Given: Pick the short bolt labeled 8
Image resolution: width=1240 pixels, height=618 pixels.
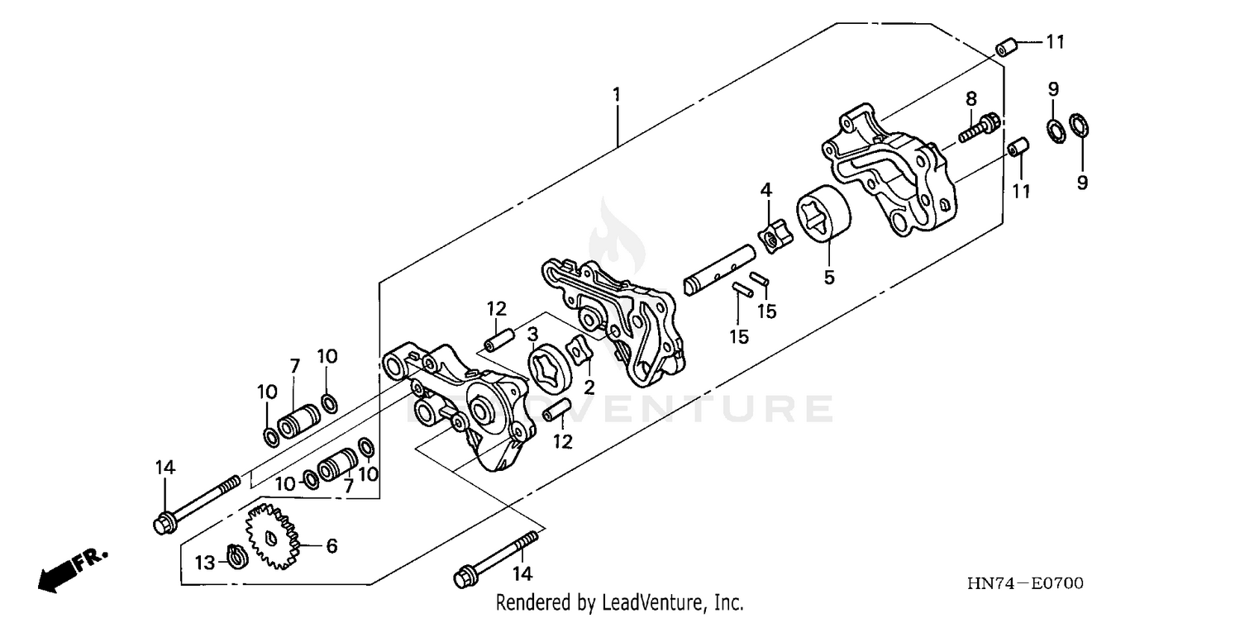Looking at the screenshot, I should (x=980, y=127).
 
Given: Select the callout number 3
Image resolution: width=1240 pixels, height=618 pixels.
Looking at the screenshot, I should (x=533, y=333).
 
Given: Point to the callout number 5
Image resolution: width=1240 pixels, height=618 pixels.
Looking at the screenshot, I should (x=829, y=277).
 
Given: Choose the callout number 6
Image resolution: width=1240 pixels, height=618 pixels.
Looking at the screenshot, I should (x=331, y=545).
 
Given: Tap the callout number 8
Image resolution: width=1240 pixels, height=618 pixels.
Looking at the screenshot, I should (x=971, y=98).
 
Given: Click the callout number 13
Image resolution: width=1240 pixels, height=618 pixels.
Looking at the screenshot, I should (x=204, y=563).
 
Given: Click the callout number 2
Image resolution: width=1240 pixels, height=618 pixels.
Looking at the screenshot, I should (x=589, y=386).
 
